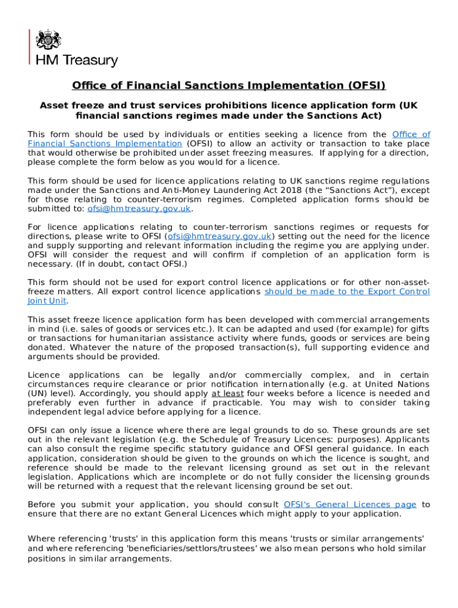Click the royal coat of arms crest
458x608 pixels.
(x=49, y=40)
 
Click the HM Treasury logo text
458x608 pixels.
(x=77, y=61)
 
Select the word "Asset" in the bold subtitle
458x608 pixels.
(x=54, y=106)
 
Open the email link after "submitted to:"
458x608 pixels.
(x=139, y=208)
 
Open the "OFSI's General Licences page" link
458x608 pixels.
(x=350, y=505)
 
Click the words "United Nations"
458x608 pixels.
(x=396, y=384)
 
